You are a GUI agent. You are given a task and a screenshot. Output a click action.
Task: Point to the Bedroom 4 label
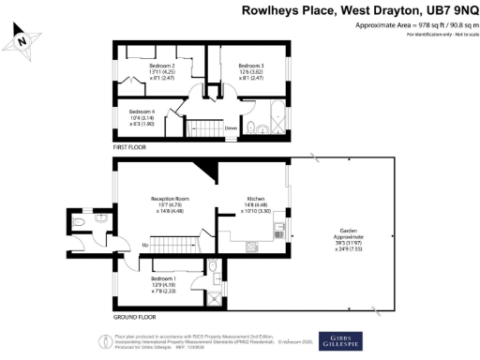click(142, 117)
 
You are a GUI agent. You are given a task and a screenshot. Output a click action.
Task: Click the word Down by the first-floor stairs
click(230, 128)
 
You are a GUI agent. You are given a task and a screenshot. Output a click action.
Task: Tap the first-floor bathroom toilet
click(251, 127)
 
